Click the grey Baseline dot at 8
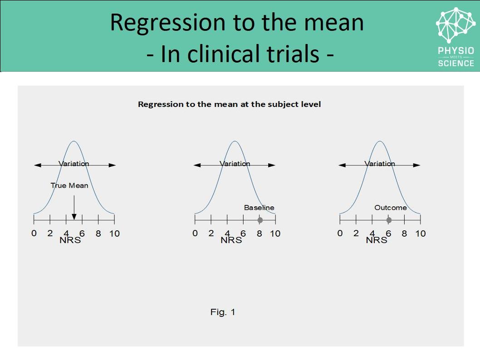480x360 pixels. tap(260, 220)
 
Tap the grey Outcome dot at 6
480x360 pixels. tap(389, 220)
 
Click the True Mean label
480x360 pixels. tap(69, 185)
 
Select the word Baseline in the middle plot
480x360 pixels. tap(259, 208)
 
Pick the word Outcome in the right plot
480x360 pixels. tap(390, 208)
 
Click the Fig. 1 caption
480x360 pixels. tap(223, 312)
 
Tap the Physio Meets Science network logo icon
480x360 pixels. tap(456, 25)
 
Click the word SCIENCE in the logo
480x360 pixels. tap(456, 63)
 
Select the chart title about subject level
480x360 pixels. tap(229, 104)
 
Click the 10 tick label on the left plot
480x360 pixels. tap(114, 234)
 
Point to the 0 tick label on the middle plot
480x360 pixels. tap(195, 234)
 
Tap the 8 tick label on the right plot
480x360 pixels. tap(405, 234)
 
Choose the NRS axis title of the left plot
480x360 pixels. tap(70, 240)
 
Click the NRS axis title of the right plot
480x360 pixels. tap(376, 240)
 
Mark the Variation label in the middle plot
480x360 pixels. tap(235, 164)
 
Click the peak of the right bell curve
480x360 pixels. tap(380, 141)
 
